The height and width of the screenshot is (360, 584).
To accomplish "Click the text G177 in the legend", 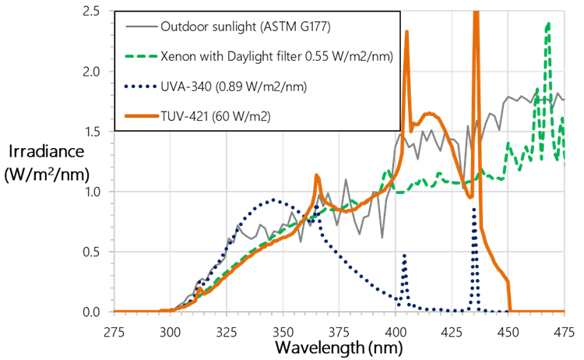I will pyautogui.click(x=312, y=27).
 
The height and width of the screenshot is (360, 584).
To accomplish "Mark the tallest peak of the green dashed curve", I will pyautogui.click(x=548, y=23).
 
